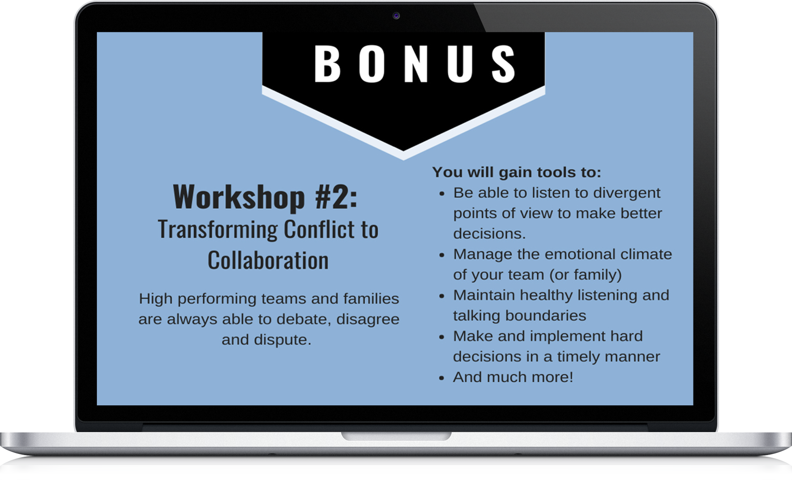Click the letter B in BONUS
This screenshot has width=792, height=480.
(x=327, y=64)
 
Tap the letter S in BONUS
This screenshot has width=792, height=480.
(x=503, y=64)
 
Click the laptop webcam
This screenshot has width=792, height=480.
(x=396, y=16)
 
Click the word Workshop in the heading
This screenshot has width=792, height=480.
(x=239, y=197)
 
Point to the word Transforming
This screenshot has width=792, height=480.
(x=218, y=230)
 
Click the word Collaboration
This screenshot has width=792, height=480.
(x=268, y=260)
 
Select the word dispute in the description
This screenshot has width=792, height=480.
(x=282, y=340)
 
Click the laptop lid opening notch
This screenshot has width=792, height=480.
(x=396, y=436)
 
